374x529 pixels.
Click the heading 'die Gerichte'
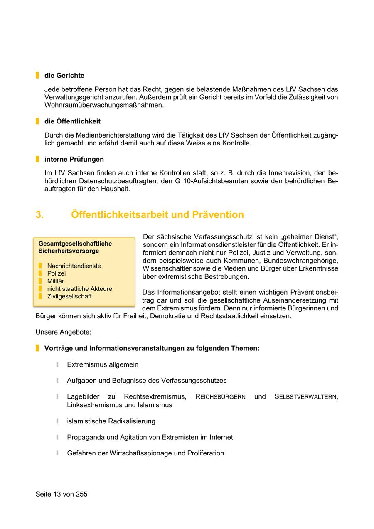pos(64,76)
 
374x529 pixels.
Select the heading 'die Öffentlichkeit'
pos(72,121)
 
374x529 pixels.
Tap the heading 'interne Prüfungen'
pos(74,159)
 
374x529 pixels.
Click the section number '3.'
pos(40,215)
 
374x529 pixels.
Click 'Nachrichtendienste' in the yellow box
pos(74,266)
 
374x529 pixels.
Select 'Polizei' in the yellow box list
pos(57,273)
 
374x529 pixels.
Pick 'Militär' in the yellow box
pos(56,281)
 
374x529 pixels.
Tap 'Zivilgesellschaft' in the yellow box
pos(69,296)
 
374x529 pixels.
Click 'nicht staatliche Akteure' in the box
pos(79,289)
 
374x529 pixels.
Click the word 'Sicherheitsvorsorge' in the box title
pos(69,251)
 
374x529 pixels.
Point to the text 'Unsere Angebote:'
pos(63,332)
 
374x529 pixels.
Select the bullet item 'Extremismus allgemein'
pos(103,364)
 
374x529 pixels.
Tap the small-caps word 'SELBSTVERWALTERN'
pos(306,397)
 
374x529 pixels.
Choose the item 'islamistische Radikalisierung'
pos(111,421)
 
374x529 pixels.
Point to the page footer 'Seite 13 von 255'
pos(62,494)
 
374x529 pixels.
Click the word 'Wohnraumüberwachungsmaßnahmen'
pos(103,105)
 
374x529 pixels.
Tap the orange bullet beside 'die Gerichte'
pos(37,76)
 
